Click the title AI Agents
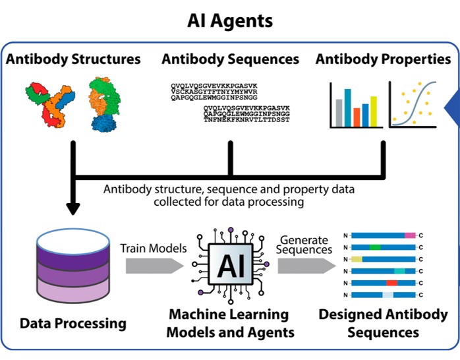(x=230, y=20)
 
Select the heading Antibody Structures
(x=73, y=59)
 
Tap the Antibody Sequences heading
(x=230, y=59)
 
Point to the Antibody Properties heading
(x=383, y=59)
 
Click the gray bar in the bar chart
(x=338, y=113)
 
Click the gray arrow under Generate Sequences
(x=305, y=265)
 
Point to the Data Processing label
(x=73, y=324)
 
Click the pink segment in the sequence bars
(x=410, y=235)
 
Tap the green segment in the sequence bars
(x=375, y=247)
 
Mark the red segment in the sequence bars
(x=392, y=283)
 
